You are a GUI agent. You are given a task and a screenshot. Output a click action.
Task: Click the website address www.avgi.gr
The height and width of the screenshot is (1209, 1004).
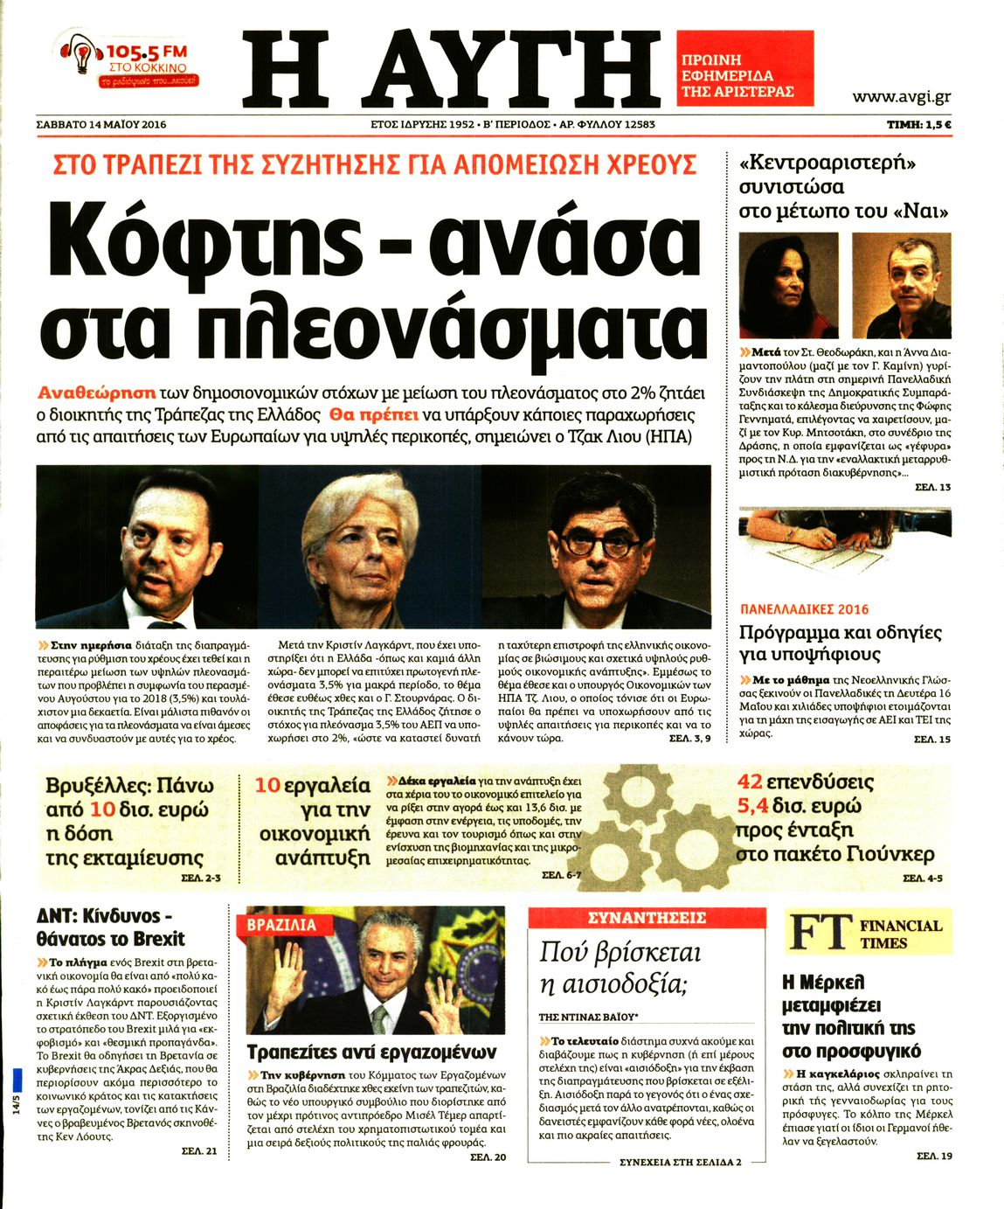coord(901,97)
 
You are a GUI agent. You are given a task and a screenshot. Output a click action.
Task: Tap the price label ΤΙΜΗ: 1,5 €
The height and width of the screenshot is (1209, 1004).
coord(918,125)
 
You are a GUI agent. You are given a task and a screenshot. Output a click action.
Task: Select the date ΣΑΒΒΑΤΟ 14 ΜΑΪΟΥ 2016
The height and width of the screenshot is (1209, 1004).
coord(101,125)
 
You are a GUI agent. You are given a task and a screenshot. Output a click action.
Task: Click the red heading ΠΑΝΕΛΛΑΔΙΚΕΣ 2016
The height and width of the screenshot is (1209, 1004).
coord(804,609)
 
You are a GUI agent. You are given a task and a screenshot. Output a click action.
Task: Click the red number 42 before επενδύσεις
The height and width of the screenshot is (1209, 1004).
coord(750,782)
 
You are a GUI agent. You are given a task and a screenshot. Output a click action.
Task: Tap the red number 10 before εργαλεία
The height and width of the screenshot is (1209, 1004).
coord(267,786)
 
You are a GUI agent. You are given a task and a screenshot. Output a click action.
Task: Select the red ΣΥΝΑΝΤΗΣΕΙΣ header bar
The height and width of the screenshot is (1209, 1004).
coord(647,918)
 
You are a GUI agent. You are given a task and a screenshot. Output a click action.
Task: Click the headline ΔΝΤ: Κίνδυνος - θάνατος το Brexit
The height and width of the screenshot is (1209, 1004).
coord(110,928)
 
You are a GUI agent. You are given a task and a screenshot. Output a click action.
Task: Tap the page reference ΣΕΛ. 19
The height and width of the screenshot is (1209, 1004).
coord(933,1157)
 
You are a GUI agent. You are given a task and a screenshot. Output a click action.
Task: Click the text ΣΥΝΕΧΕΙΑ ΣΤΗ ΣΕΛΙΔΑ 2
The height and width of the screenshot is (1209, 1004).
coord(680,1163)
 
